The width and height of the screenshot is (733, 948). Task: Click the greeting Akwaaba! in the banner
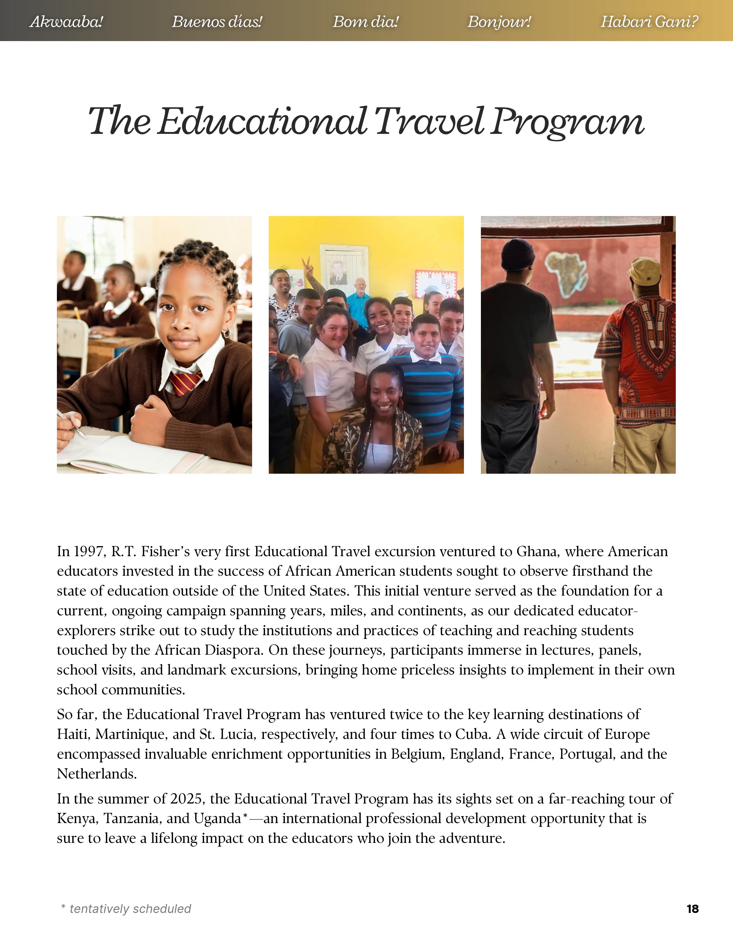pyautogui.click(x=66, y=21)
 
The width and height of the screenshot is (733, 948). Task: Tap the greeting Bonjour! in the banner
pyautogui.click(x=499, y=21)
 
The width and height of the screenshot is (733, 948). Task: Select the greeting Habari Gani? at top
pyautogui.click(x=649, y=21)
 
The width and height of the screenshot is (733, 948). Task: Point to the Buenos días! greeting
pyautogui.click(x=217, y=21)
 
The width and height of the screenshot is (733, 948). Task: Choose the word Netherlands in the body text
pyautogui.click(x=96, y=774)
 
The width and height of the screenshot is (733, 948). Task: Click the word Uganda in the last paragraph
pyautogui.click(x=217, y=819)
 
